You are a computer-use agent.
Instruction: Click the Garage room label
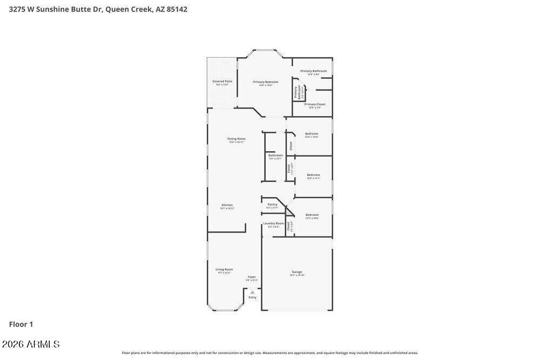pyautogui.click(x=297, y=272)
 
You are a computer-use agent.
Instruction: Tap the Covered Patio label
pyautogui.click(x=222, y=81)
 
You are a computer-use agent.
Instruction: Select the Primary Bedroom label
pyautogui.click(x=266, y=82)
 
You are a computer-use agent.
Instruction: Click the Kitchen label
pyautogui.click(x=227, y=205)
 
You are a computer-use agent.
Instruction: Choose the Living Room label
pyautogui.click(x=224, y=269)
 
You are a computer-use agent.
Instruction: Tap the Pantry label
pyautogui.click(x=272, y=205)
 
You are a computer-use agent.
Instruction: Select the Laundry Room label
pyautogui.click(x=273, y=223)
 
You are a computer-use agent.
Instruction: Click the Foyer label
pyautogui.click(x=252, y=277)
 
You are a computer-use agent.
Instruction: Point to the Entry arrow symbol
pyautogui.click(x=252, y=292)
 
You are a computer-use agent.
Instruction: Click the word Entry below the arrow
pyautogui.click(x=252, y=297)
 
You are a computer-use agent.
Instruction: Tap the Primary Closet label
pyautogui.click(x=314, y=104)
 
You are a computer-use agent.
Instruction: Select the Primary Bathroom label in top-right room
pyautogui.click(x=313, y=71)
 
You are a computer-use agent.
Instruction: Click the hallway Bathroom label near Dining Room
pyautogui.click(x=275, y=155)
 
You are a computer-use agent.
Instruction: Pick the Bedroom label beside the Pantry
pyautogui.click(x=312, y=215)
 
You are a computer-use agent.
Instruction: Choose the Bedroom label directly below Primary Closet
pyautogui.click(x=312, y=134)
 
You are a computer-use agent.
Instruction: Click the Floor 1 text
pyautogui.click(x=21, y=324)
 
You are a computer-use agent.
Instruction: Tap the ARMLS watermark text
pyautogui.click(x=31, y=344)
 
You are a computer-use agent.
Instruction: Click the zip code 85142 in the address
pyautogui.click(x=177, y=9)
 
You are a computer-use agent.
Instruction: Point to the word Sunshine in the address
pyautogui.click(x=52, y=9)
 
